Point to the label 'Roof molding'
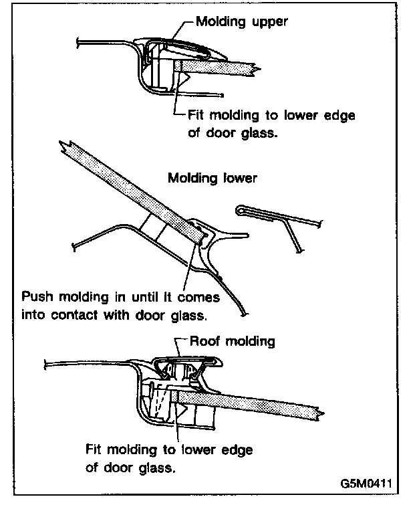coord(233,341)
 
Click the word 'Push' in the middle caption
coord(37,296)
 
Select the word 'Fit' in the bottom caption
coord(96,449)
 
